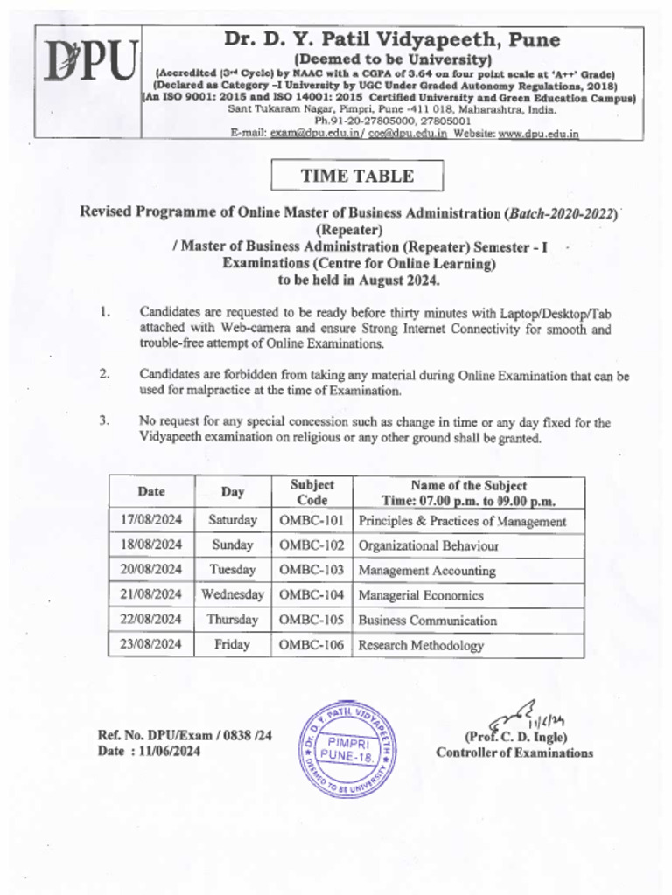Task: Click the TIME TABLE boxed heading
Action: click(357, 176)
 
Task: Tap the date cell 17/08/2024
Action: click(151, 520)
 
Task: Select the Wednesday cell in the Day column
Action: click(233, 594)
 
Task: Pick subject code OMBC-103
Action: click(312, 570)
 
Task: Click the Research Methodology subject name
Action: click(421, 645)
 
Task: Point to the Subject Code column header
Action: click(312, 492)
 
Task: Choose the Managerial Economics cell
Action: click(421, 595)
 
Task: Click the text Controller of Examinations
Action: click(514, 753)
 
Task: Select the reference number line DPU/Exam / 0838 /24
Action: click(185, 735)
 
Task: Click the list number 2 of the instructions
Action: click(104, 373)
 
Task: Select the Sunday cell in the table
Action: click(233, 545)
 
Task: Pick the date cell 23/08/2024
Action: click(151, 644)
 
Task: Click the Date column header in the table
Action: click(151, 492)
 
